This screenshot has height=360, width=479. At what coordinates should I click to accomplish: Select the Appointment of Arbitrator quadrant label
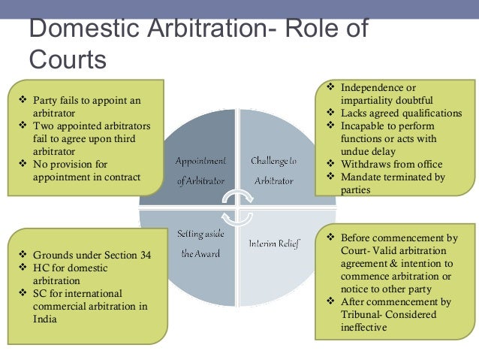pyautogui.click(x=200, y=171)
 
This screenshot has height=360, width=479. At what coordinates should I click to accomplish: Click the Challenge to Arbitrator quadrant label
pyautogui.click(x=274, y=171)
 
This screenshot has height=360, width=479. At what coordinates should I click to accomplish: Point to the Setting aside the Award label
pyautogui.click(x=199, y=244)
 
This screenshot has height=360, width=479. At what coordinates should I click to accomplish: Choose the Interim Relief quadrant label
pyautogui.click(x=274, y=244)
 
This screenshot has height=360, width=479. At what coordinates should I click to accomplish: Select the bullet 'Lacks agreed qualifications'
pyautogui.click(x=391, y=113)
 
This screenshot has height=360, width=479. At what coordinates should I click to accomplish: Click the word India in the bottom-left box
pyautogui.click(x=43, y=319)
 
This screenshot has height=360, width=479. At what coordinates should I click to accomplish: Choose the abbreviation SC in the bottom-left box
pyautogui.click(x=40, y=293)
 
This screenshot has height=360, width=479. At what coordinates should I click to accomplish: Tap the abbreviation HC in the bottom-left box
pyautogui.click(x=41, y=268)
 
